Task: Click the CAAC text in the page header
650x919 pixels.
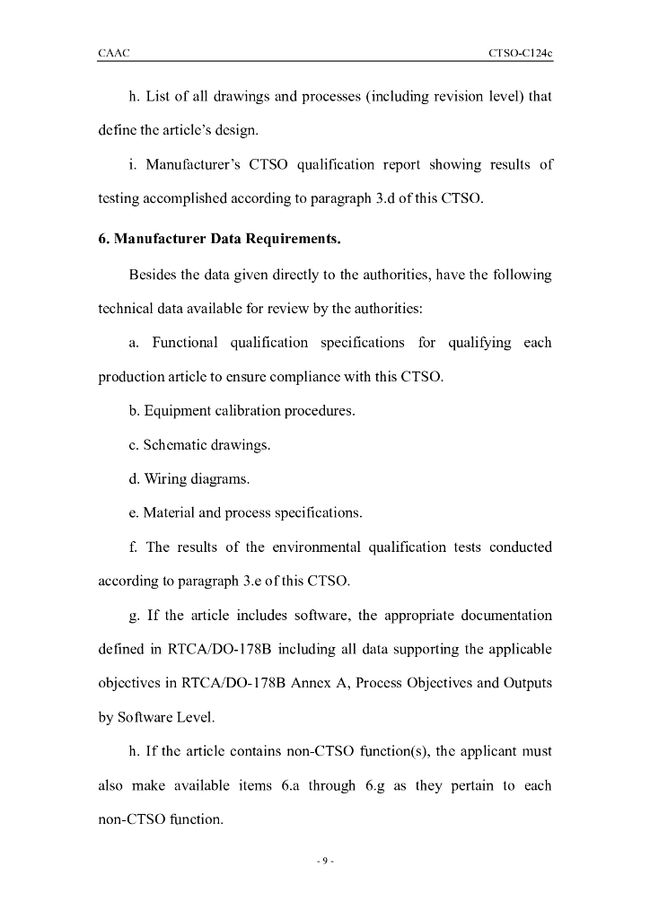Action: pos(114,53)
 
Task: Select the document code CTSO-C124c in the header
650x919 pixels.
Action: pos(520,53)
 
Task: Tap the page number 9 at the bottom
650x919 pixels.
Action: pos(325,862)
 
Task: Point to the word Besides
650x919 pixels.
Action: pos(155,274)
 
